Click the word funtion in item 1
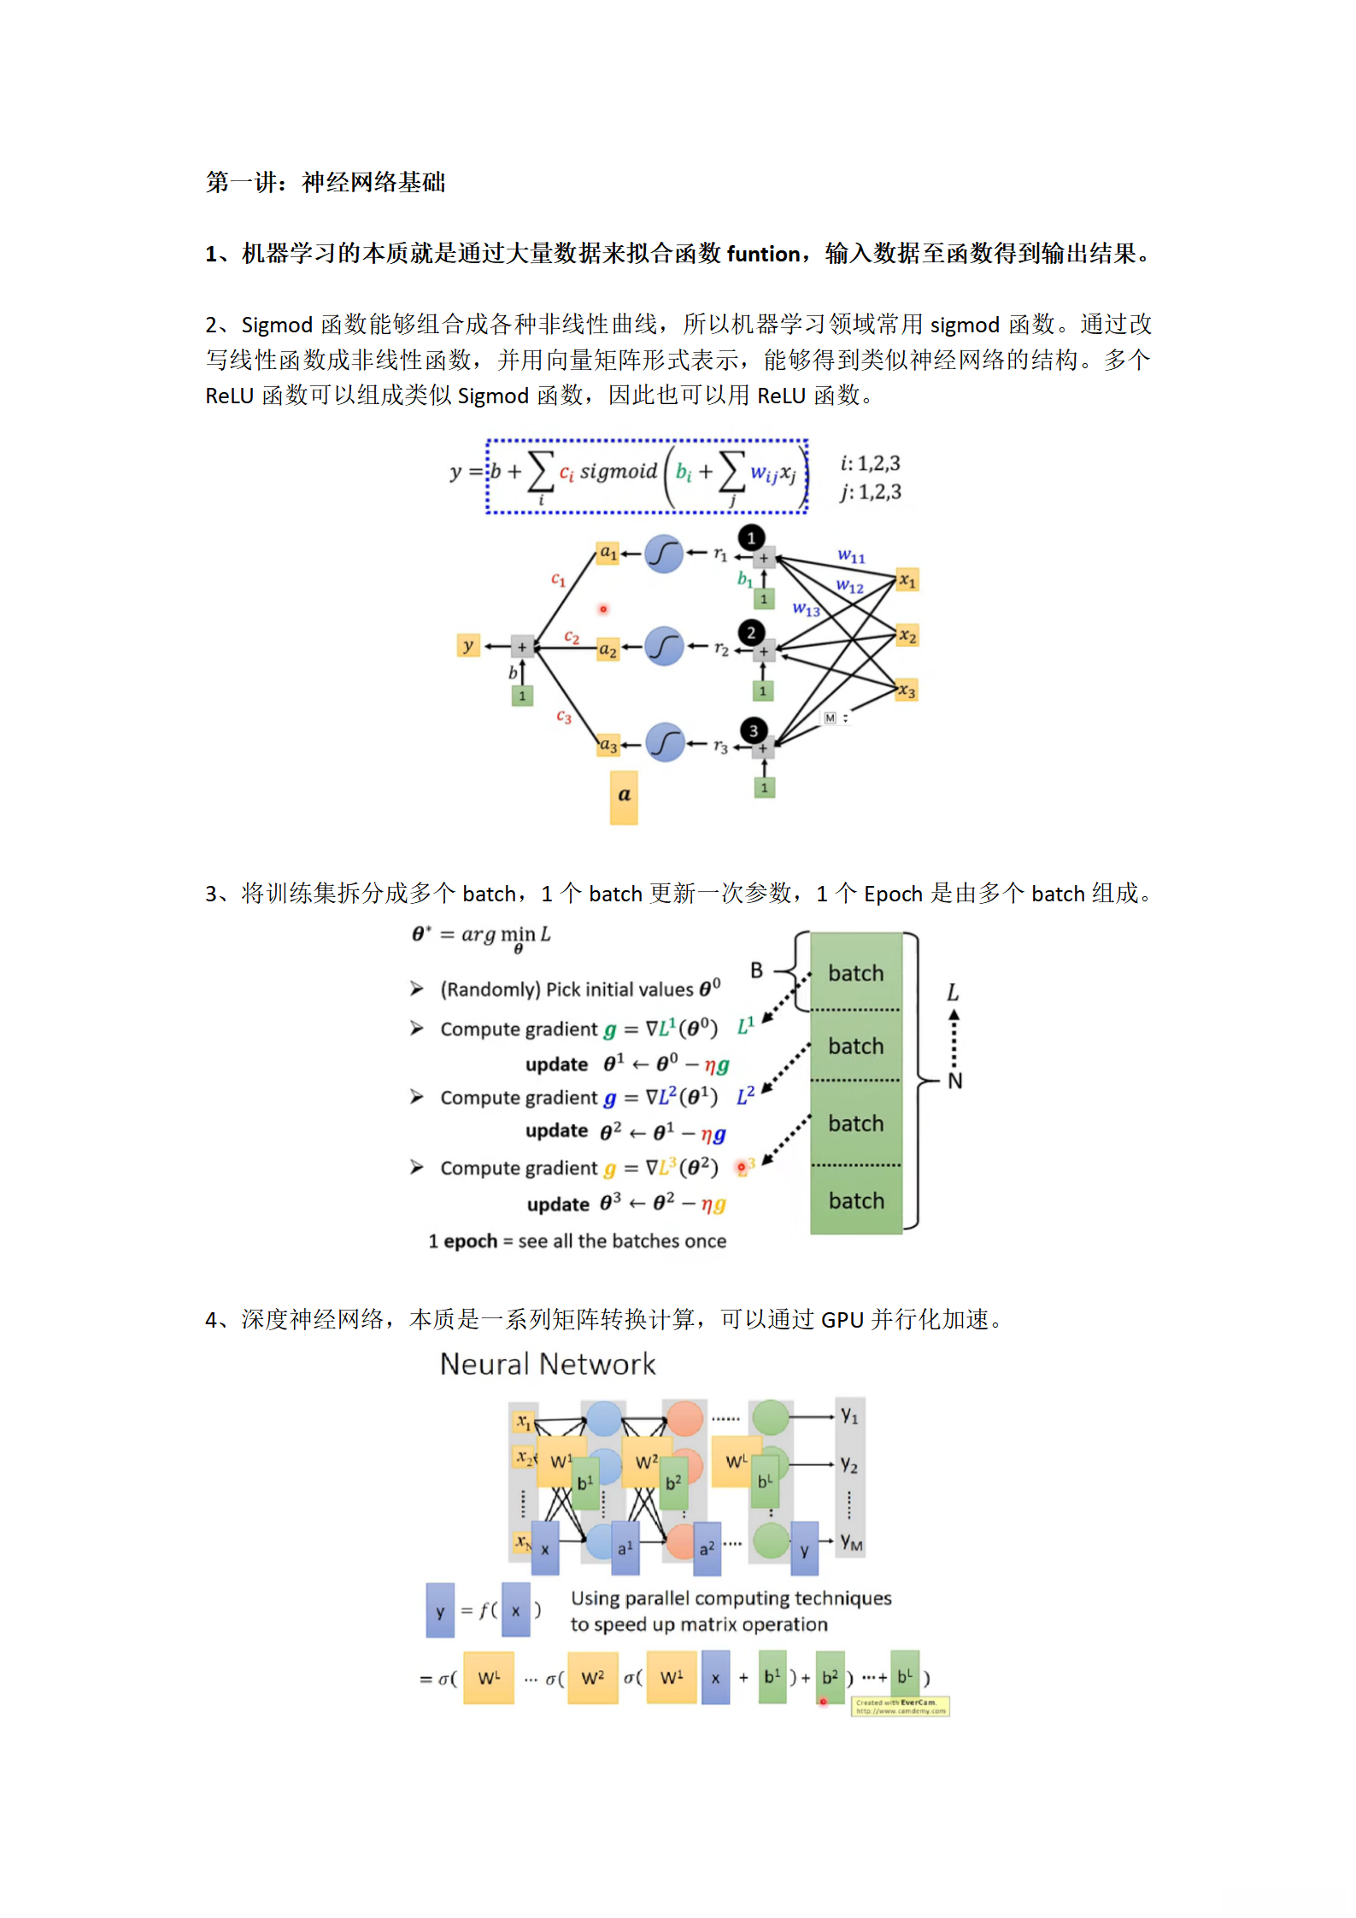coord(763,254)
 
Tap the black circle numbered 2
coord(751,633)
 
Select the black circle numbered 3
coord(753,730)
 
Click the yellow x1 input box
coord(907,581)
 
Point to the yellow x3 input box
coord(907,691)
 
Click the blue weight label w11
coord(851,556)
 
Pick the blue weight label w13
coord(806,609)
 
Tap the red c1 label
coord(558,579)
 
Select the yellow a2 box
coord(608,649)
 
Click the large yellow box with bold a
coord(624,796)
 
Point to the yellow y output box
coord(468,645)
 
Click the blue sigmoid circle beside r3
coord(664,742)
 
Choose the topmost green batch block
coord(855,972)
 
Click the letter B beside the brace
coord(756,971)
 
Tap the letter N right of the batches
coord(954,1081)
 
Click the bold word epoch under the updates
coord(470,1241)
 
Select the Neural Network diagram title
coord(548,1364)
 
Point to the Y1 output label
coord(848,1416)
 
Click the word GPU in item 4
coord(842,1320)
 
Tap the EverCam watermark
coord(901,1706)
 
